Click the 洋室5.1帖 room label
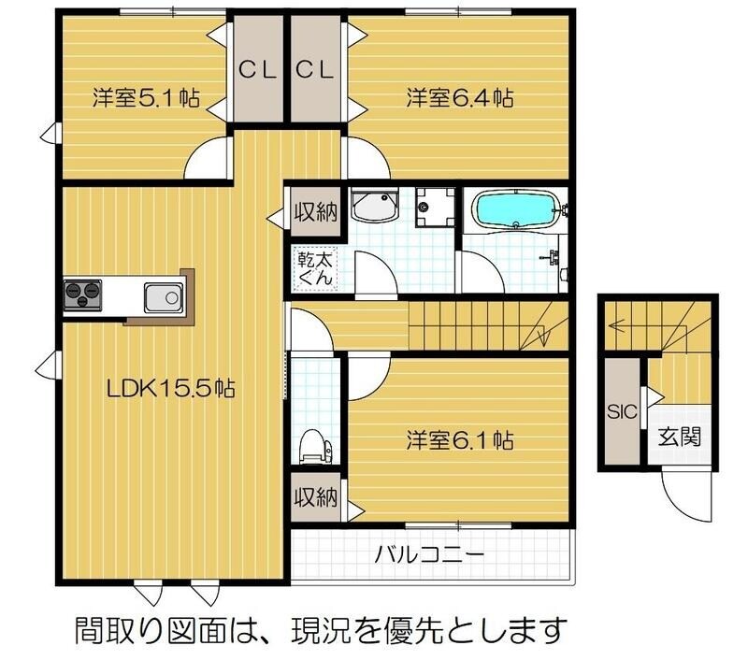pyautogui.click(x=145, y=97)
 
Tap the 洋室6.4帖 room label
pyautogui.click(x=459, y=97)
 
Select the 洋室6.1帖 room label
pyautogui.click(x=459, y=438)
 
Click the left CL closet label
pyautogui.click(x=255, y=70)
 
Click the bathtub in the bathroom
pyautogui.click(x=515, y=209)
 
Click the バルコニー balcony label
pyautogui.click(x=429, y=555)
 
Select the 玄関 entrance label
pyautogui.click(x=679, y=436)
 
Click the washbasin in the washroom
pyautogui.click(x=376, y=208)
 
